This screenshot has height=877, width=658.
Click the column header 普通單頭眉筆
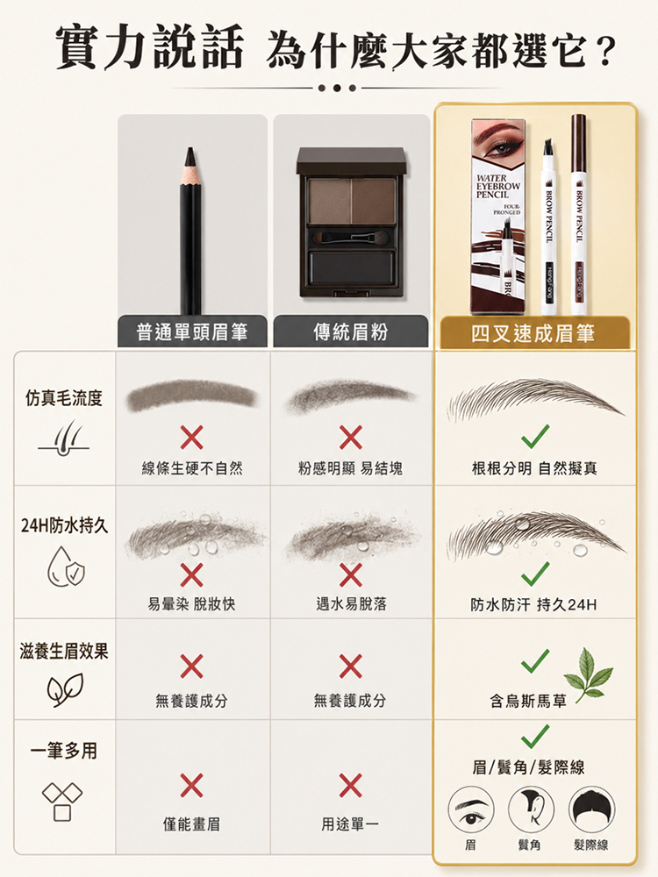click(x=192, y=332)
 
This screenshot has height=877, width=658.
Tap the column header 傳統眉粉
click(x=350, y=332)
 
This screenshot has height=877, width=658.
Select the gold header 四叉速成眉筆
click(x=533, y=333)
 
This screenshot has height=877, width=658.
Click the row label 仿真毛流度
click(x=64, y=398)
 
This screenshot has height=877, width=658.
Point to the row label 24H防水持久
click(x=64, y=525)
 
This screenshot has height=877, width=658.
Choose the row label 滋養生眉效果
click(x=64, y=651)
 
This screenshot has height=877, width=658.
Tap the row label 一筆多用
click(x=64, y=751)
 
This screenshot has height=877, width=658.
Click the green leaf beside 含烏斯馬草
click(x=588, y=675)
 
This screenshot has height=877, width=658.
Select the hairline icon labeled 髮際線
click(x=591, y=809)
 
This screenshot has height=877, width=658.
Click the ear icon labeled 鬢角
click(x=531, y=809)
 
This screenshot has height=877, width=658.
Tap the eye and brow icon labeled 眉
click(x=471, y=809)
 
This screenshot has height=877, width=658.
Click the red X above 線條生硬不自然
click(x=191, y=438)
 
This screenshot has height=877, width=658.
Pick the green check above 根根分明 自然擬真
click(x=535, y=436)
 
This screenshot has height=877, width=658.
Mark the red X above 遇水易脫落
click(x=350, y=575)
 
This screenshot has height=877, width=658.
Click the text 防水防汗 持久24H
click(x=533, y=604)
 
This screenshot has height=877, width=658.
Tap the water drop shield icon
click(x=66, y=567)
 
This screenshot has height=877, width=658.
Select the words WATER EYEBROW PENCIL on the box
click(x=498, y=186)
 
